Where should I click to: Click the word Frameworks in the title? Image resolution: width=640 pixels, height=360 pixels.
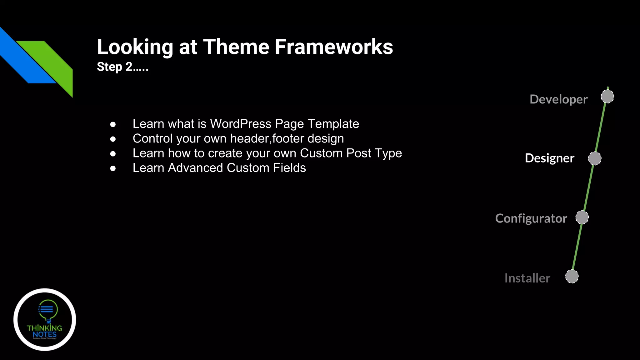[334, 47]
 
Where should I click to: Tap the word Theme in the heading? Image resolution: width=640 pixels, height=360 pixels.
[236, 47]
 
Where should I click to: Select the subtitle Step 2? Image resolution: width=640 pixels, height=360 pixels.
[122, 67]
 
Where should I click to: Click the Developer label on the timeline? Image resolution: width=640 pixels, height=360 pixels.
[558, 99]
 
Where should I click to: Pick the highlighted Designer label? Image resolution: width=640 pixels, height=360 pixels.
[549, 158]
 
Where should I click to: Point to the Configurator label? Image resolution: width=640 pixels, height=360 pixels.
[531, 218]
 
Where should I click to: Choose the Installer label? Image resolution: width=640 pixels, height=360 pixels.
[527, 278]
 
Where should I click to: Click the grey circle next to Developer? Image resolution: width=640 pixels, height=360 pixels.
[607, 97]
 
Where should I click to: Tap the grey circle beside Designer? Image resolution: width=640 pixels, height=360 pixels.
[595, 158]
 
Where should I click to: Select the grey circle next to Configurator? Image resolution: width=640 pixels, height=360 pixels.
[582, 217]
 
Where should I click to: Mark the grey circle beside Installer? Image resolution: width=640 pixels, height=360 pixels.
[572, 277]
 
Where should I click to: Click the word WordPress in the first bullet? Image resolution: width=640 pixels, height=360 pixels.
[241, 124]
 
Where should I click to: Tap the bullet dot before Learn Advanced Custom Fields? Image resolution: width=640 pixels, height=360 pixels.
[113, 168]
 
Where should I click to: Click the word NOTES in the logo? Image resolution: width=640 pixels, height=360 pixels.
[45, 334]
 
